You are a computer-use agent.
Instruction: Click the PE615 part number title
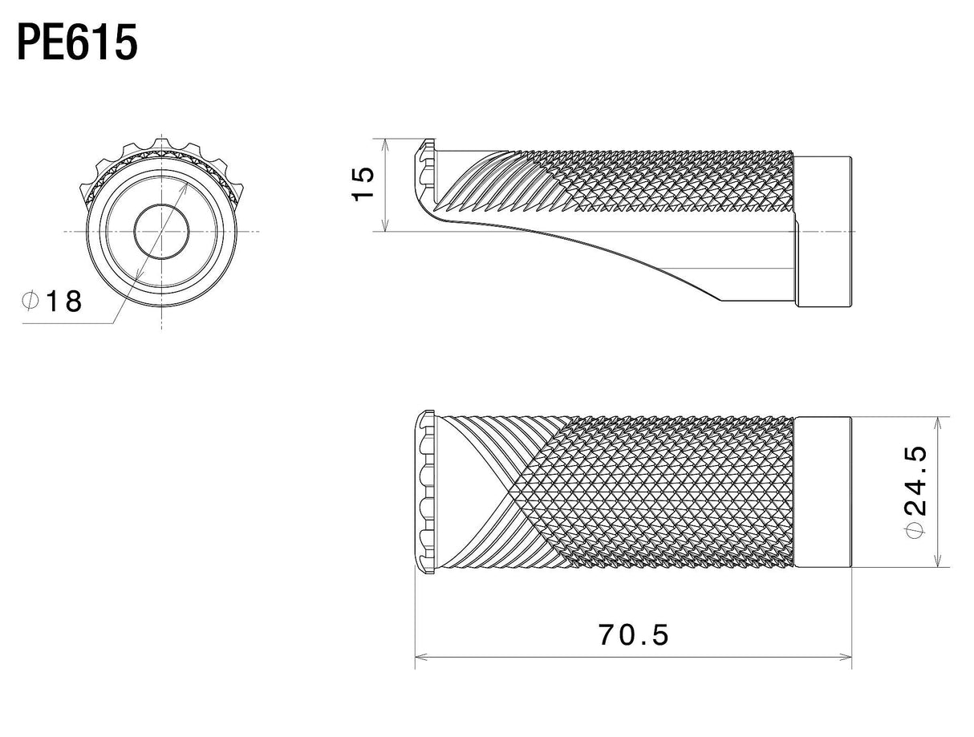(77, 43)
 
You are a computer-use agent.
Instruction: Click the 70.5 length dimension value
(633, 634)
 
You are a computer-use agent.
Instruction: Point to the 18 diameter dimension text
(64, 301)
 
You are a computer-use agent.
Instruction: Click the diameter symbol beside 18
(30, 300)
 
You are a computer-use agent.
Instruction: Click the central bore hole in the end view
(161, 232)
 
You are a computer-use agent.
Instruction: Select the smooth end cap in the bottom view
(822, 492)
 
